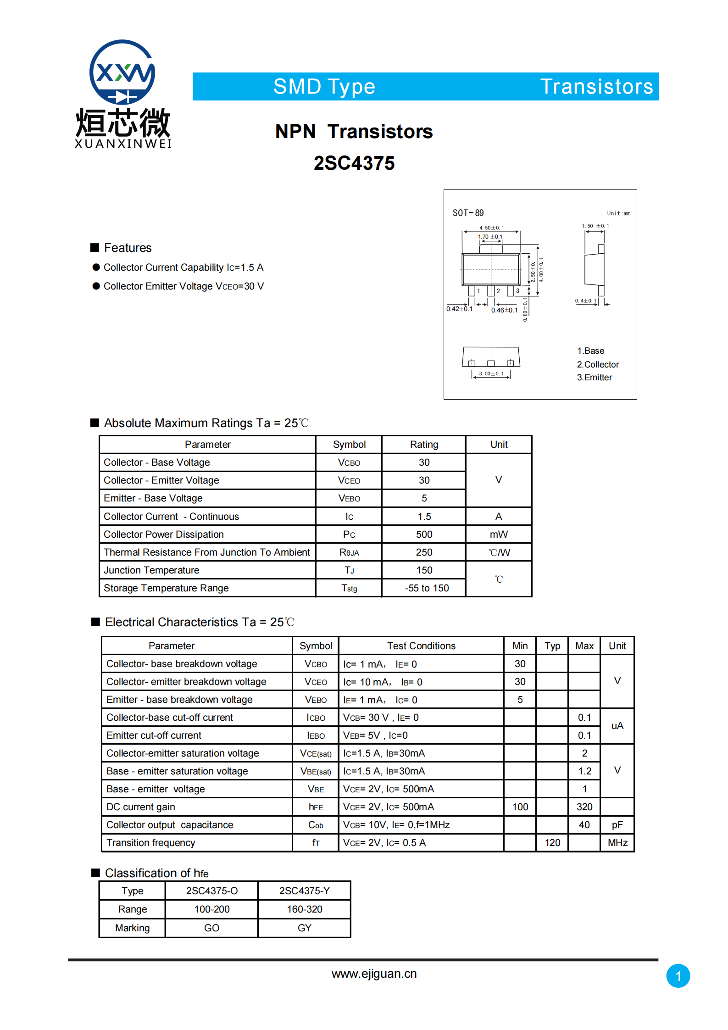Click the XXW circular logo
(122, 72)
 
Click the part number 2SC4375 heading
(354, 163)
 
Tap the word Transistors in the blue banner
(596, 87)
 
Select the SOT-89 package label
(468, 213)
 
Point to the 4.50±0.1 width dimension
(491, 228)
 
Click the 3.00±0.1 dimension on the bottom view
(491, 373)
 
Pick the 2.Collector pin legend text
(598, 364)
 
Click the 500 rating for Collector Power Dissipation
(424, 534)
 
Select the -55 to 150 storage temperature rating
(427, 588)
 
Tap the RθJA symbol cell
(349, 552)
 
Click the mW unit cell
(499, 534)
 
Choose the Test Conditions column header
(421, 646)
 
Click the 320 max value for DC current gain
(584, 807)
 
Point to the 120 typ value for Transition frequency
(552, 843)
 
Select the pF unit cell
(617, 825)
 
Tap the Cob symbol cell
(316, 825)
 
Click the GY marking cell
(305, 928)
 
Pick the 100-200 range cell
(212, 909)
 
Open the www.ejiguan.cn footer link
(374, 974)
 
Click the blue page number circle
(678, 976)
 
